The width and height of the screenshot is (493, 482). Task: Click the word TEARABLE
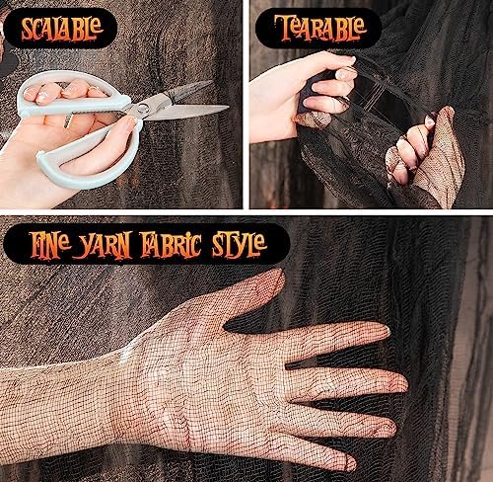(x=319, y=28)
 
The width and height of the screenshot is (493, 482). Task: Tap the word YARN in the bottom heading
(x=103, y=245)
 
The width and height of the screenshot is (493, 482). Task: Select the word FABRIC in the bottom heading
(x=172, y=245)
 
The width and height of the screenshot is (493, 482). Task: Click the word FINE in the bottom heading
(x=49, y=245)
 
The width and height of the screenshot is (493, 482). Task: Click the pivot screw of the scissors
(x=143, y=107)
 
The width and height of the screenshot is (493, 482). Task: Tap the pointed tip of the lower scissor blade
(x=228, y=107)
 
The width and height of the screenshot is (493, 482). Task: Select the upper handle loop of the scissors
(x=74, y=99)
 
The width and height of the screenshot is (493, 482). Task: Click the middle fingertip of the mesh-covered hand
(x=399, y=382)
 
